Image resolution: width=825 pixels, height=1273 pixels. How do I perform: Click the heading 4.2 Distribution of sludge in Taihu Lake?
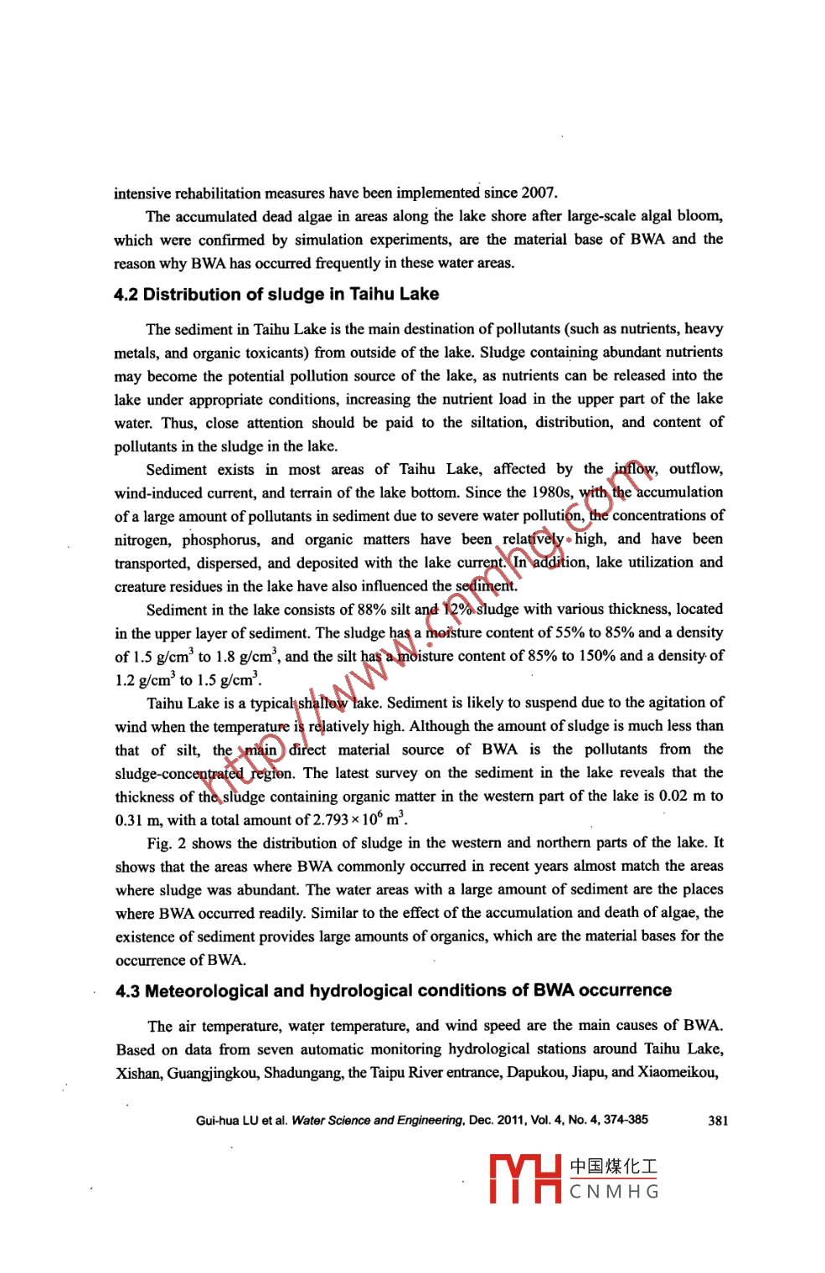(276, 295)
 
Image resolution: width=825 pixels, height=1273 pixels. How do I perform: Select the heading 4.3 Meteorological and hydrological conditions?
(394, 991)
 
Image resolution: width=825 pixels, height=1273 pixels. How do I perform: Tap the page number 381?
(718, 1121)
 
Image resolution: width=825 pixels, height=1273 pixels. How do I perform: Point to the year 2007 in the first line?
(539, 193)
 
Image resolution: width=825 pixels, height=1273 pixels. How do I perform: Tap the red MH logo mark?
(525, 1179)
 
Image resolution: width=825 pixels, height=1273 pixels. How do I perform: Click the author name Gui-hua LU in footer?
(224, 1121)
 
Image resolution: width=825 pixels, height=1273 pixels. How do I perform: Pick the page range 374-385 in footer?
(621, 1121)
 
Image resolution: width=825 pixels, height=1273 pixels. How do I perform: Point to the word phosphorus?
(221, 539)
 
